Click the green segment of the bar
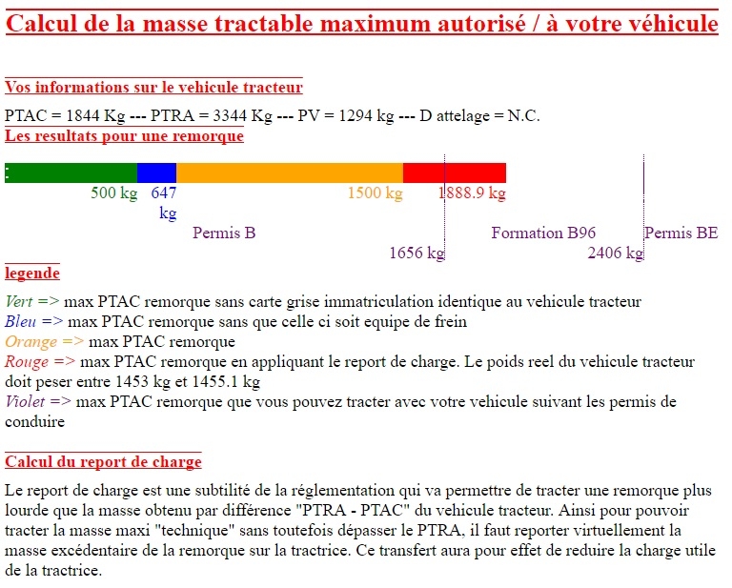tap(71, 172)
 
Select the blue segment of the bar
tap(156, 172)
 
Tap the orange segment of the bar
tap(289, 172)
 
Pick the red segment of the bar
tap(455, 172)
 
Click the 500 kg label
tap(114, 193)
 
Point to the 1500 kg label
tap(375, 193)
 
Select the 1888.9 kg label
tap(473, 193)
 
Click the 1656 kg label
tap(417, 253)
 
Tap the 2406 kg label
tap(616, 253)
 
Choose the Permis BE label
tap(681, 233)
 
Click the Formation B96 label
tap(543, 233)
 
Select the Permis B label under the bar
tap(224, 233)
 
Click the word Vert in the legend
tap(19, 302)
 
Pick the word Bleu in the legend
tap(20, 322)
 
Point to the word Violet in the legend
tap(25, 401)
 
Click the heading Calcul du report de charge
tap(103, 462)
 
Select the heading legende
tap(32, 274)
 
